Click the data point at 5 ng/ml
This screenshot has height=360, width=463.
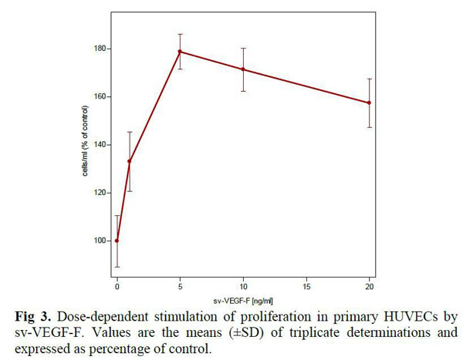click(x=180, y=52)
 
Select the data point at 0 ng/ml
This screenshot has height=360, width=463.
click(x=117, y=241)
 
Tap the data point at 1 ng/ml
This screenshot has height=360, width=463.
click(x=130, y=162)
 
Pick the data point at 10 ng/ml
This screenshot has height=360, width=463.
click(x=243, y=69)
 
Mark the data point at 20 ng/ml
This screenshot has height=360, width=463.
click(x=370, y=103)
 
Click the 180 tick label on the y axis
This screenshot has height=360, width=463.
click(x=100, y=49)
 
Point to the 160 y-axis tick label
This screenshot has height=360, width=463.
click(x=100, y=97)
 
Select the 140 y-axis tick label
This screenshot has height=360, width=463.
click(x=100, y=145)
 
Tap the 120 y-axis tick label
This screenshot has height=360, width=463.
click(x=100, y=193)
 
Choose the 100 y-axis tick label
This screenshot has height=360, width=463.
click(x=100, y=241)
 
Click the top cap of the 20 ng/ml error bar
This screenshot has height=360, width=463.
click(x=370, y=79)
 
